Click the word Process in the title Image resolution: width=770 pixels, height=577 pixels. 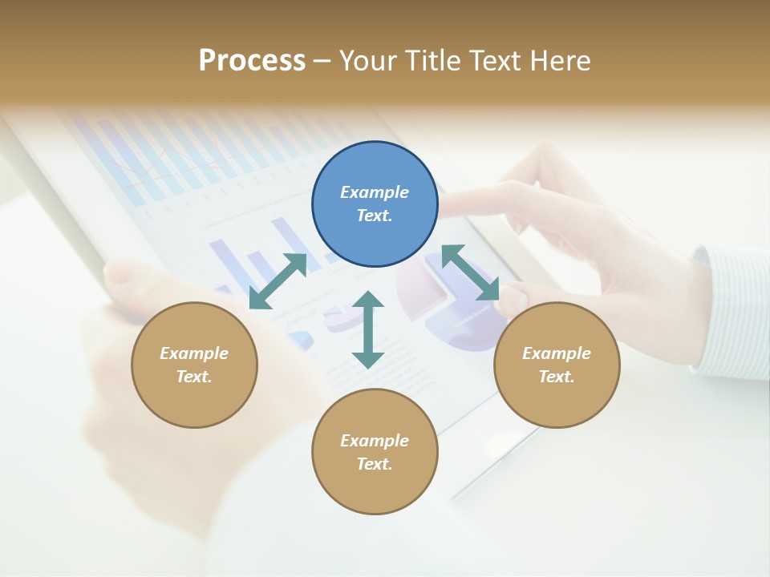(x=252, y=61)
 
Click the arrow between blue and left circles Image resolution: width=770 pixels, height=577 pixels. (x=278, y=281)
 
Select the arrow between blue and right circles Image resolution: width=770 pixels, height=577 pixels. (x=471, y=272)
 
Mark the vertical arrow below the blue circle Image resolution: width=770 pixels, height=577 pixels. (x=368, y=329)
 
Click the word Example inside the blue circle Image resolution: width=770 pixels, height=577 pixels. (x=375, y=192)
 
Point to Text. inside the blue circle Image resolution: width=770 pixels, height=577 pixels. (x=375, y=216)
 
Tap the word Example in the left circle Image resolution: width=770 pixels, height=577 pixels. (x=194, y=353)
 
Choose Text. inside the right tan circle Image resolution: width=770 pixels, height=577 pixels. (x=557, y=377)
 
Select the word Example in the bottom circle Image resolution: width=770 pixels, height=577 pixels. (x=375, y=441)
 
